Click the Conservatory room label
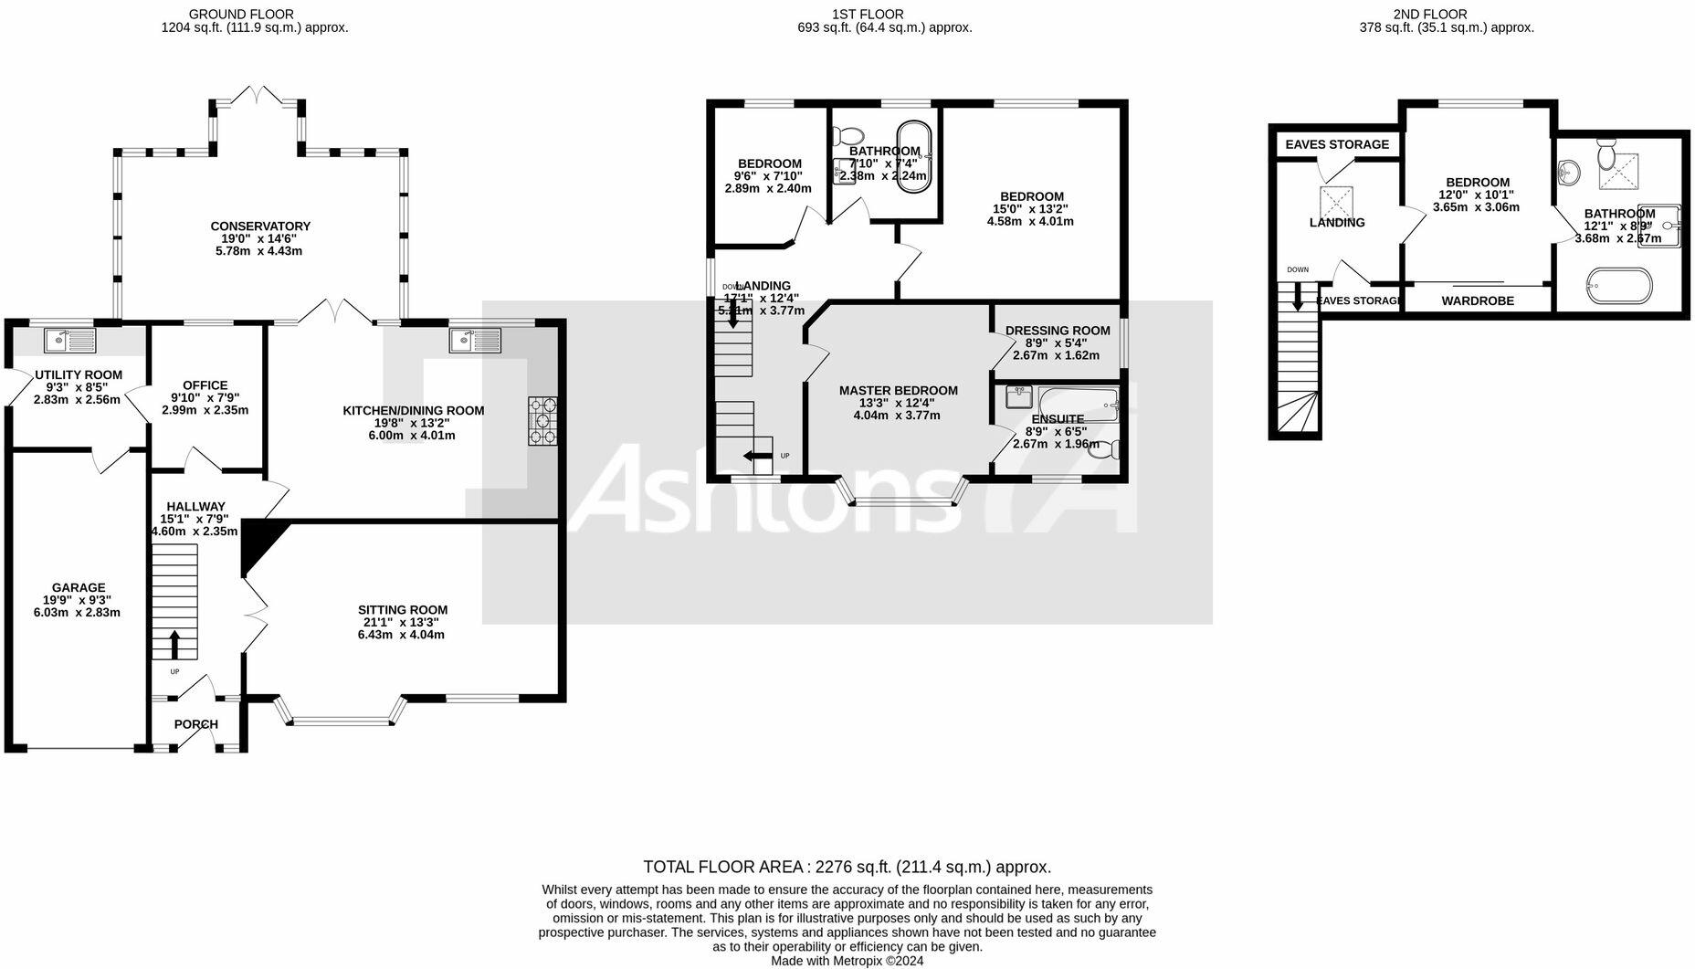[260, 226]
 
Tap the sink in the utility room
[70, 341]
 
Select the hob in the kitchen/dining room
[542, 421]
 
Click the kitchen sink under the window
[475, 341]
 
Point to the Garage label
[79, 588]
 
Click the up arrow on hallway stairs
[174, 644]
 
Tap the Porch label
[196, 724]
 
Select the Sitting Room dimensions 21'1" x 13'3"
[402, 622]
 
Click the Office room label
[205, 385]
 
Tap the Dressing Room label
[1058, 331]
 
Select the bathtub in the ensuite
[1078, 403]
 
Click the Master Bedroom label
[899, 391]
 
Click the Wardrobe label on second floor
[1478, 300]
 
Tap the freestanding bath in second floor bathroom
[1619, 285]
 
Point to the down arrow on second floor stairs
[1297, 297]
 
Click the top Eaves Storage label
[1337, 144]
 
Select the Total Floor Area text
[847, 867]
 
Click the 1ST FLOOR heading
[869, 14]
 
